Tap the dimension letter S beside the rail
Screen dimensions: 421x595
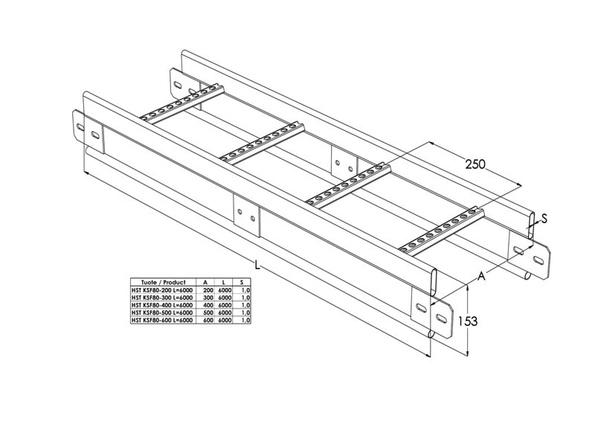(x=544, y=219)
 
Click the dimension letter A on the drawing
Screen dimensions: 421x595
(x=481, y=277)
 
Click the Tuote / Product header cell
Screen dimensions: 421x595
(x=158, y=283)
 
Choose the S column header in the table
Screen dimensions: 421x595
(x=242, y=283)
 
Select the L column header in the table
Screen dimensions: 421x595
(x=225, y=283)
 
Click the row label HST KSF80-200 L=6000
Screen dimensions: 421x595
(x=161, y=290)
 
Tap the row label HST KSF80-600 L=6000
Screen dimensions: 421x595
(x=161, y=321)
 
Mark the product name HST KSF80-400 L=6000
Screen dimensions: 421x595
(x=161, y=305)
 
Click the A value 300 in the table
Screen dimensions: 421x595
(x=208, y=298)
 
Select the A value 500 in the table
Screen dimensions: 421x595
(x=208, y=313)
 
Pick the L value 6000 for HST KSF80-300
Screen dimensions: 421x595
(x=225, y=298)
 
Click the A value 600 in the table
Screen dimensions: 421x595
(x=208, y=321)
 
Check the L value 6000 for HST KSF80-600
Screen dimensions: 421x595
(x=225, y=321)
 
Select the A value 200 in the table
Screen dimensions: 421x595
(x=208, y=290)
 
